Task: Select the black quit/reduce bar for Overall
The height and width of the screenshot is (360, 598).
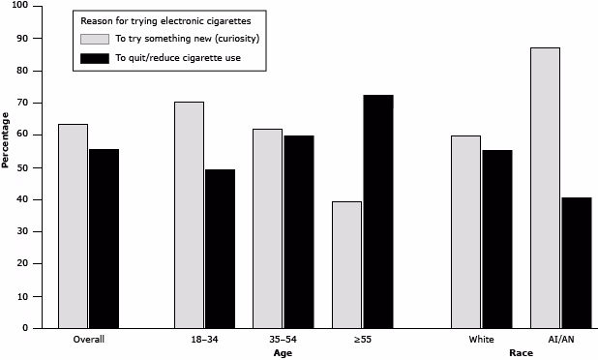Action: [104, 239]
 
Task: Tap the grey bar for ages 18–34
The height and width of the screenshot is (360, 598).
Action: [189, 215]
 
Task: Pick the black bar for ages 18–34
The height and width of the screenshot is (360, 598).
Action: [220, 249]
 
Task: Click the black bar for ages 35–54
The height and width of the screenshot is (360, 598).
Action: [298, 232]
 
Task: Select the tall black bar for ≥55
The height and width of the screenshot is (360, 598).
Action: [376, 211]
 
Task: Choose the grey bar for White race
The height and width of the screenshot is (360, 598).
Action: [465, 232]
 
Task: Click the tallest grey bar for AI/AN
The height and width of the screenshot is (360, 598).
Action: [545, 188]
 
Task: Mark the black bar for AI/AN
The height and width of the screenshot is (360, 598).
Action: [576, 263]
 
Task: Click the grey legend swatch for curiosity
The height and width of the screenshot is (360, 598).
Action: [94, 38]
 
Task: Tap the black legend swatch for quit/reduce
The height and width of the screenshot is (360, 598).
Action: [94, 59]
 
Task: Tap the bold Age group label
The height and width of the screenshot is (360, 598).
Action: [283, 353]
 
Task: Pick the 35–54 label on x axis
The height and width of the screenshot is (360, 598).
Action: [283, 340]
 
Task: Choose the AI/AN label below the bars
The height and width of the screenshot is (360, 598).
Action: [560, 340]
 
